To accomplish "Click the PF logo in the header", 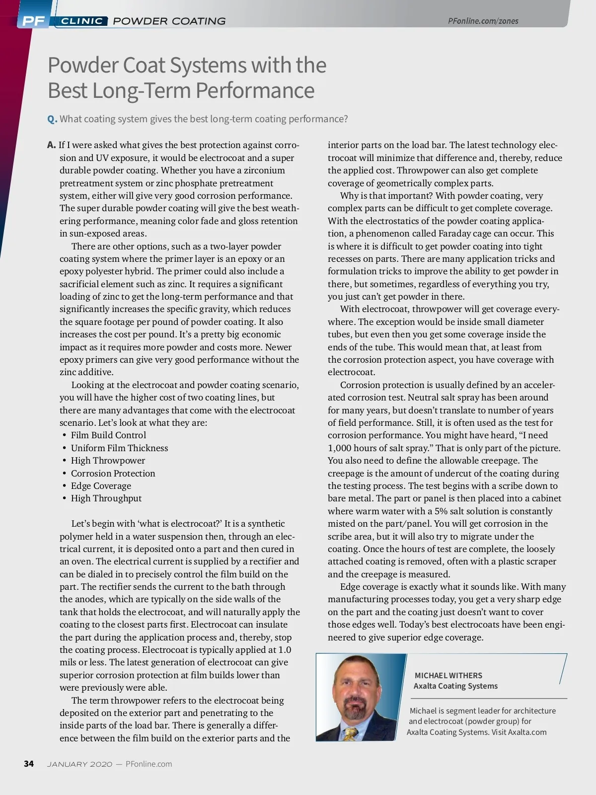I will [33, 21].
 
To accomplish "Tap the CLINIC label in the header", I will [82, 21].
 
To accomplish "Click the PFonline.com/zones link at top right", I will [483, 21].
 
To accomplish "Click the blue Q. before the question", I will [52, 119].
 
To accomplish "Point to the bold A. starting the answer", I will [52, 145].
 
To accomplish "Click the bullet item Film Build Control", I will [108, 435].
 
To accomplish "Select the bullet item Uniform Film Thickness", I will [119, 448].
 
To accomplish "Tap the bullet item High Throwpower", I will [108, 461].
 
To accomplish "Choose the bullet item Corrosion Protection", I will [113, 474].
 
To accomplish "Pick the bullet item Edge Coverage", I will [101, 486].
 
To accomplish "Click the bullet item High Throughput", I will [106, 498].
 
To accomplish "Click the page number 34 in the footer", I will [29, 764].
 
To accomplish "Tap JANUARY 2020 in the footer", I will [79, 764].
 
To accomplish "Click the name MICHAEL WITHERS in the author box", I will [448, 675].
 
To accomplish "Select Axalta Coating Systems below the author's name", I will [455, 686].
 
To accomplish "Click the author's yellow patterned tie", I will [352, 733].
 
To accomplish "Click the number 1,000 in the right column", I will [340, 448].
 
